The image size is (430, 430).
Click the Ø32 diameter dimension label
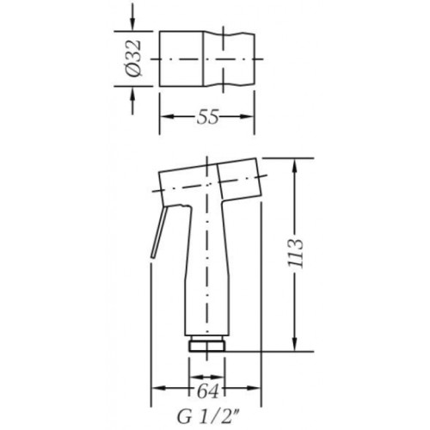click(x=133, y=58)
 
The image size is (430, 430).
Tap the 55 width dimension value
click(x=207, y=117)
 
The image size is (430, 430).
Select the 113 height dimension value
click(x=295, y=254)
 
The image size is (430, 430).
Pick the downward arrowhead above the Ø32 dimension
click(x=132, y=23)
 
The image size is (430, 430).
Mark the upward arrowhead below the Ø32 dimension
click(x=132, y=94)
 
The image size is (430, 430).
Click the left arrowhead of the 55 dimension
click(x=167, y=117)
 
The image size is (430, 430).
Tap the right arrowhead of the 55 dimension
click(x=247, y=117)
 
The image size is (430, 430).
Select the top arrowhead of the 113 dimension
click(x=295, y=165)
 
